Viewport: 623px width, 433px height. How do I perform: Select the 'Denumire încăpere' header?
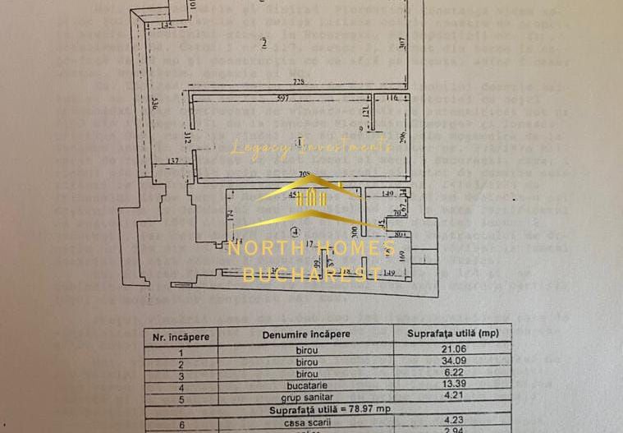coord(306,334)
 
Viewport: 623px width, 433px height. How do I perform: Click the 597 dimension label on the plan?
coord(283,99)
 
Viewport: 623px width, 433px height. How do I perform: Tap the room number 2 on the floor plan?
coord(263,43)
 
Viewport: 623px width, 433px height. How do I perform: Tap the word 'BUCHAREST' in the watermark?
coord(311,274)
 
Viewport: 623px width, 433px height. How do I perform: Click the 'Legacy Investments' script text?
coord(311,147)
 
